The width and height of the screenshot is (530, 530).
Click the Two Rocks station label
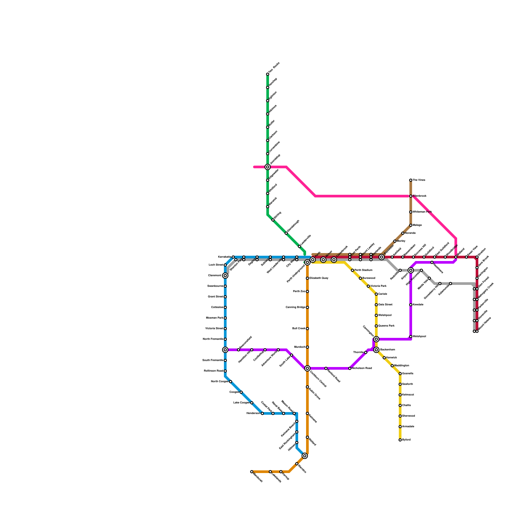tap(274, 68)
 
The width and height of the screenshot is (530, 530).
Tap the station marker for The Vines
tap(411, 180)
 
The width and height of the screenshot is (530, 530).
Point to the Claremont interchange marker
tap(225, 276)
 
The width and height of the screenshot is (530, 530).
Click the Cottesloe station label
tap(217, 307)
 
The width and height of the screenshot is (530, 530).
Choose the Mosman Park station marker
tap(225, 318)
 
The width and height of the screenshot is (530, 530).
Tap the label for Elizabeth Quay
tap(319, 278)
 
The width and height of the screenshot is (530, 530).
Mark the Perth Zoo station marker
tap(307, 291)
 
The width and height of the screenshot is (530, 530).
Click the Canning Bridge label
tap(295, 307)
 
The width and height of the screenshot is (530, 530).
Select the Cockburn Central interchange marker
tap(307, 368)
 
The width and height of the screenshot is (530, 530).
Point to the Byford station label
tap(406, 440)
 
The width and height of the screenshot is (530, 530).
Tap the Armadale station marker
tap(400, 427)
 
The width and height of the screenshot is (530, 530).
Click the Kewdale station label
tap(418, 305)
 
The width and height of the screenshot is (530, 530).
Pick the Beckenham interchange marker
tap(376, 350)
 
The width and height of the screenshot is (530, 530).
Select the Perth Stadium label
tap(363, 270)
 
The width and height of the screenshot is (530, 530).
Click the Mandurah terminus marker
tap(252, 472)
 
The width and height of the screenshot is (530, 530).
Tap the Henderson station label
tap(253, 413)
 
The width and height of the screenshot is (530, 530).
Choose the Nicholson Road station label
tap(362, 368)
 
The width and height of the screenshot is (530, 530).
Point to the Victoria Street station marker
tap(225, 329)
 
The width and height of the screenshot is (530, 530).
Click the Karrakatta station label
tap(225, 257)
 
